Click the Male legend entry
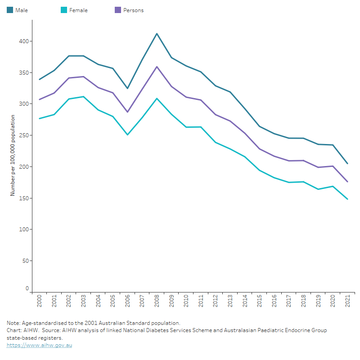click(x=18, y=10)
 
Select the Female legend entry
click(x=74, y=10)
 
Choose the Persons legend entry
click(x=130, y=10)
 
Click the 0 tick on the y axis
click(x=27, y=288)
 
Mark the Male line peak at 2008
click(x=157, y=33)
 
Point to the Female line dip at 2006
click(x=127, y=135)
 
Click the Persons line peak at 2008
click(x=157, y=67)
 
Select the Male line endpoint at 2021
click(x=347, y=163)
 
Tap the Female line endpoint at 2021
click(x=347, y=199)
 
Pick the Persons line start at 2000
click(x=40, y=99)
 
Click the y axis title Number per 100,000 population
click(x=13, y=155)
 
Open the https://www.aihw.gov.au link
click(x=39, y=345)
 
